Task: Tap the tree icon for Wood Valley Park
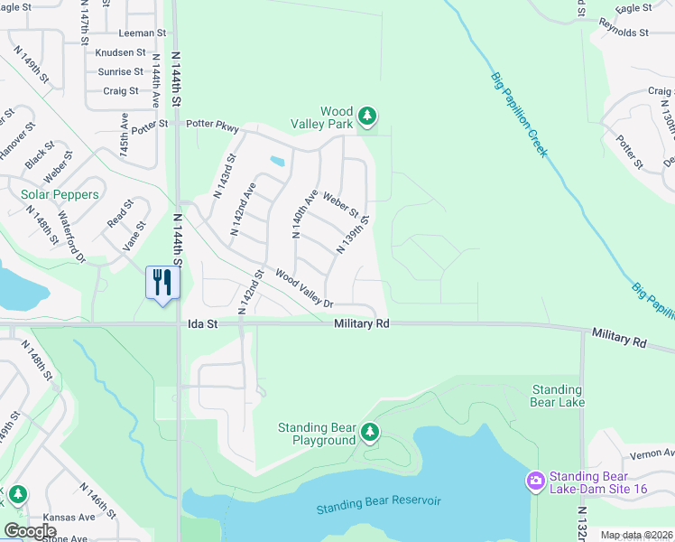click(366, 116)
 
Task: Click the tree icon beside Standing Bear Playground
click(369, 433)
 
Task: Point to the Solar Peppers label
click(60, 194)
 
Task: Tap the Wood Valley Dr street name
click(304, 289)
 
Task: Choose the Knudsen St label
click(120, 53)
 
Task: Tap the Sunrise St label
click(121, 71)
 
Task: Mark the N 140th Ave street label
click(301, 213)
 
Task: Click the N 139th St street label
click(354, 234)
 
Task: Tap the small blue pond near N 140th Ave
click(276, 163)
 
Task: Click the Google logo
click(31, 530)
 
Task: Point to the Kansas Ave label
click(72, 518)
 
